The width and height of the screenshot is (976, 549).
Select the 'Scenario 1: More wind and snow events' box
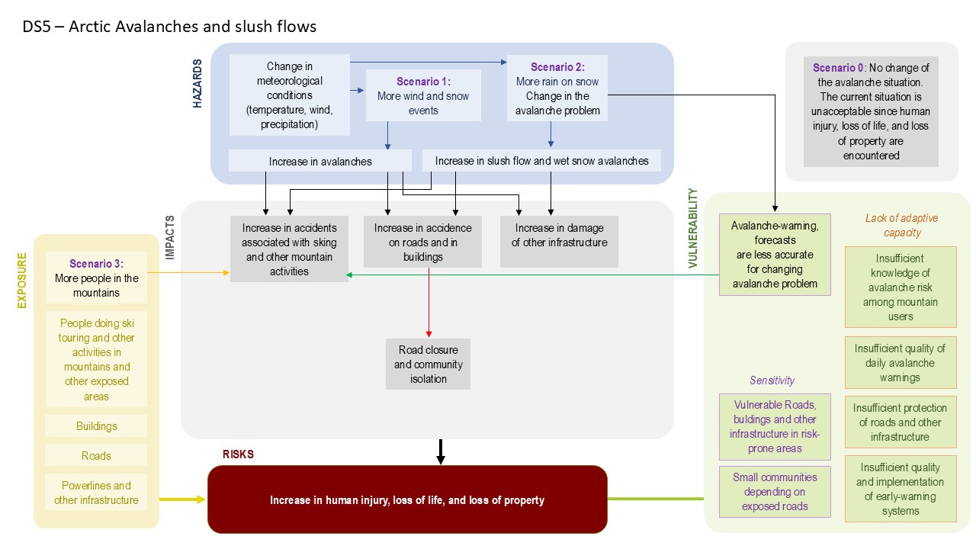pos(423,95)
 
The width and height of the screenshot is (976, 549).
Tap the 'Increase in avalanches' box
pos(320,161)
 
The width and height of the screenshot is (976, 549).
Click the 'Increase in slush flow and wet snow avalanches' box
pos(541,161)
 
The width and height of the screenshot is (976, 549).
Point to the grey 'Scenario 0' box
pos(871,111)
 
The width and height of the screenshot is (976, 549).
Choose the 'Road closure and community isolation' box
pos(428,364)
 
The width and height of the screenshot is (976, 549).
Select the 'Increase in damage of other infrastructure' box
pos(559,241)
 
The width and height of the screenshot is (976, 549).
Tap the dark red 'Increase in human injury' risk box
pos(407,499)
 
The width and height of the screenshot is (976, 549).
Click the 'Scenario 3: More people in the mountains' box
pos(96,278)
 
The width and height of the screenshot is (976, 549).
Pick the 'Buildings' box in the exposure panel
pos(96,426)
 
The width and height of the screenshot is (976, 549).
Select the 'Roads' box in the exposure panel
pos(96,456)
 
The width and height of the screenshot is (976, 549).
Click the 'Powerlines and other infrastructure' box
pos(96,493)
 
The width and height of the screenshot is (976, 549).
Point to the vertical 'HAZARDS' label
pos(198,85)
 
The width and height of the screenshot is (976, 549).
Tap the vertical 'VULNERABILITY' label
pos(693,229)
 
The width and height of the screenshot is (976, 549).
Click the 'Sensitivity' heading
pos(772,380)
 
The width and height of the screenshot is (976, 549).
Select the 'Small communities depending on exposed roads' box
pos(774,492)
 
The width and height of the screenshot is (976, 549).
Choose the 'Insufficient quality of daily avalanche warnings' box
pos(900,363)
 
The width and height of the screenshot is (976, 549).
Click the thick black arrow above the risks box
pos(440,451)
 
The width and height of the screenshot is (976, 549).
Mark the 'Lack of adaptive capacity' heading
pos(901,226)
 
